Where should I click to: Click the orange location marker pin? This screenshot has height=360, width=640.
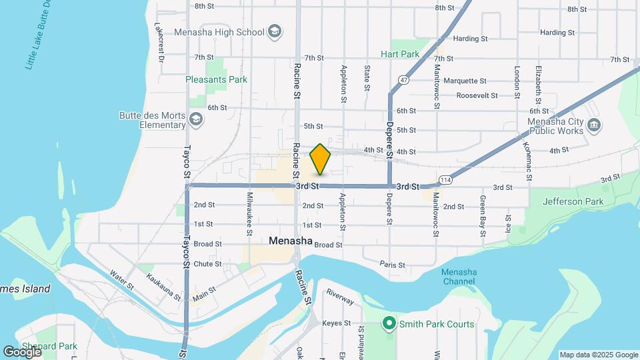320,159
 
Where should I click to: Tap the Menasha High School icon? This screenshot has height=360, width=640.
273,31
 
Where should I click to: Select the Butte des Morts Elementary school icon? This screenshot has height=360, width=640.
195,119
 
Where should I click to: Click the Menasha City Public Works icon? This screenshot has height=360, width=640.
595,125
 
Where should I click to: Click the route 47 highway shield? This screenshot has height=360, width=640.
404,79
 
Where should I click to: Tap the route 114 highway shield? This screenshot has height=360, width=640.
446,180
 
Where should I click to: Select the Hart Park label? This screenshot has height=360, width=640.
400,54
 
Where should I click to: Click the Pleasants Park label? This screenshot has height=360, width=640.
217,79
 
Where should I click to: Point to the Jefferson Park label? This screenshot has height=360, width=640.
573,201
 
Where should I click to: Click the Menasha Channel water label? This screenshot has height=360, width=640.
458,277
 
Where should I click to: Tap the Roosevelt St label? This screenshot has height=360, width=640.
477,95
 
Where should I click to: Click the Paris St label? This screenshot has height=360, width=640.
392,265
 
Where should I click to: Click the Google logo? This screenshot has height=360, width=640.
21,351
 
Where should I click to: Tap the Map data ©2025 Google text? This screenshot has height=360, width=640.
598,355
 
